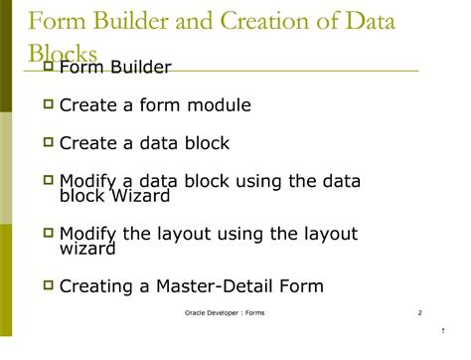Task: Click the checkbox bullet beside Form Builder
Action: click(48, 66)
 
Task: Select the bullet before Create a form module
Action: click(48, 103)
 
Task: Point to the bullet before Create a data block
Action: click(48, 142)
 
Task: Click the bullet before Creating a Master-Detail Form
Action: click(48, 285)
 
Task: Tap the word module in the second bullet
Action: click(217, 104)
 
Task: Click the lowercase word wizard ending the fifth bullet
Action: click(86, 251)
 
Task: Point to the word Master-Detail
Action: click(216, 287)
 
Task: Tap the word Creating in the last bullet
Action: click(95, 287)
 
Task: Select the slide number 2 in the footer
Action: click(419, 313)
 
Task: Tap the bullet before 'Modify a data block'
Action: click(48, 180)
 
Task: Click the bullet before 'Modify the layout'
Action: click(48, 234)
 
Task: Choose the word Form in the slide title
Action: click(55, 21)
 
